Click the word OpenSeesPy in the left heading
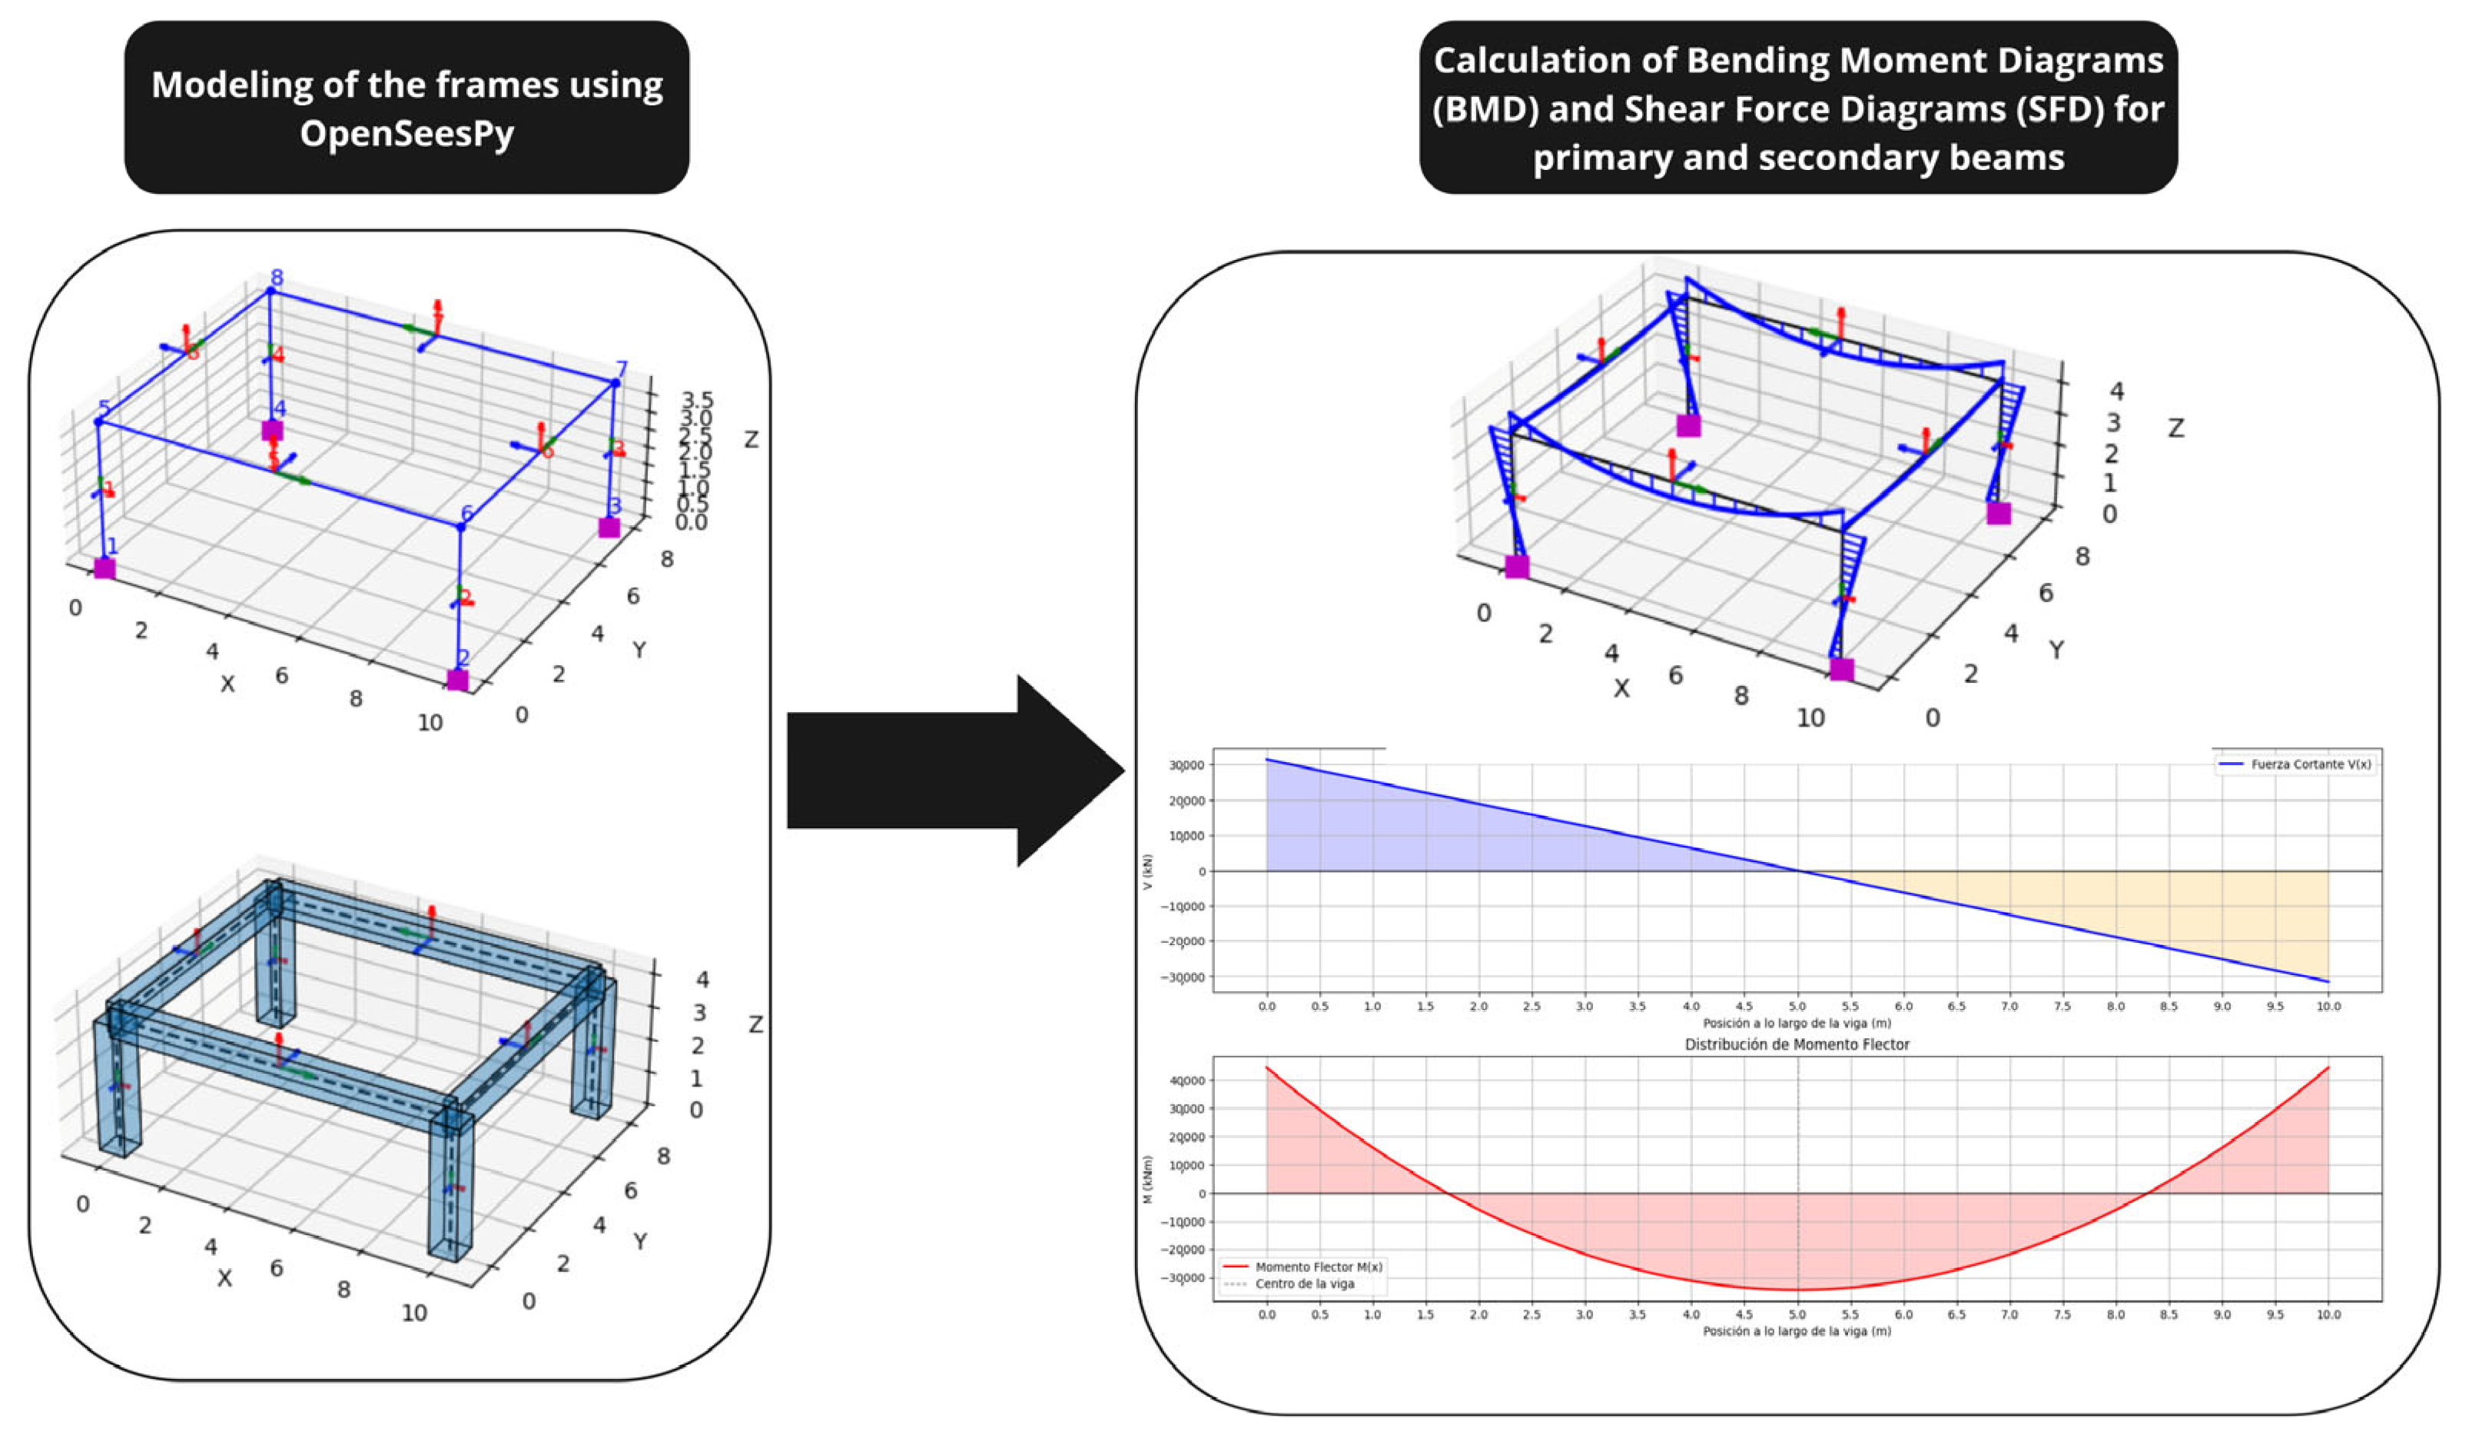pos(407,132)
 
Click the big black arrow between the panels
pos(955,771)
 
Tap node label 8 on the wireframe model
pos(277,278)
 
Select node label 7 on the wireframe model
pos(621,371)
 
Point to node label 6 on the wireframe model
pos(467,514)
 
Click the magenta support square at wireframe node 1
pos(104,568)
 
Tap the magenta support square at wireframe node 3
pos(609,528)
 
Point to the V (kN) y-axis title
pos(1148,872)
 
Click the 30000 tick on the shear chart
pos(1186,765)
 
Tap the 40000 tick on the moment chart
pos(1186,1081)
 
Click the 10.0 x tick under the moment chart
pos(2328,1314)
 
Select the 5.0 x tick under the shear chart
pos(1797,1007)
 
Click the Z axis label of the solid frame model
pos(755,1024)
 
